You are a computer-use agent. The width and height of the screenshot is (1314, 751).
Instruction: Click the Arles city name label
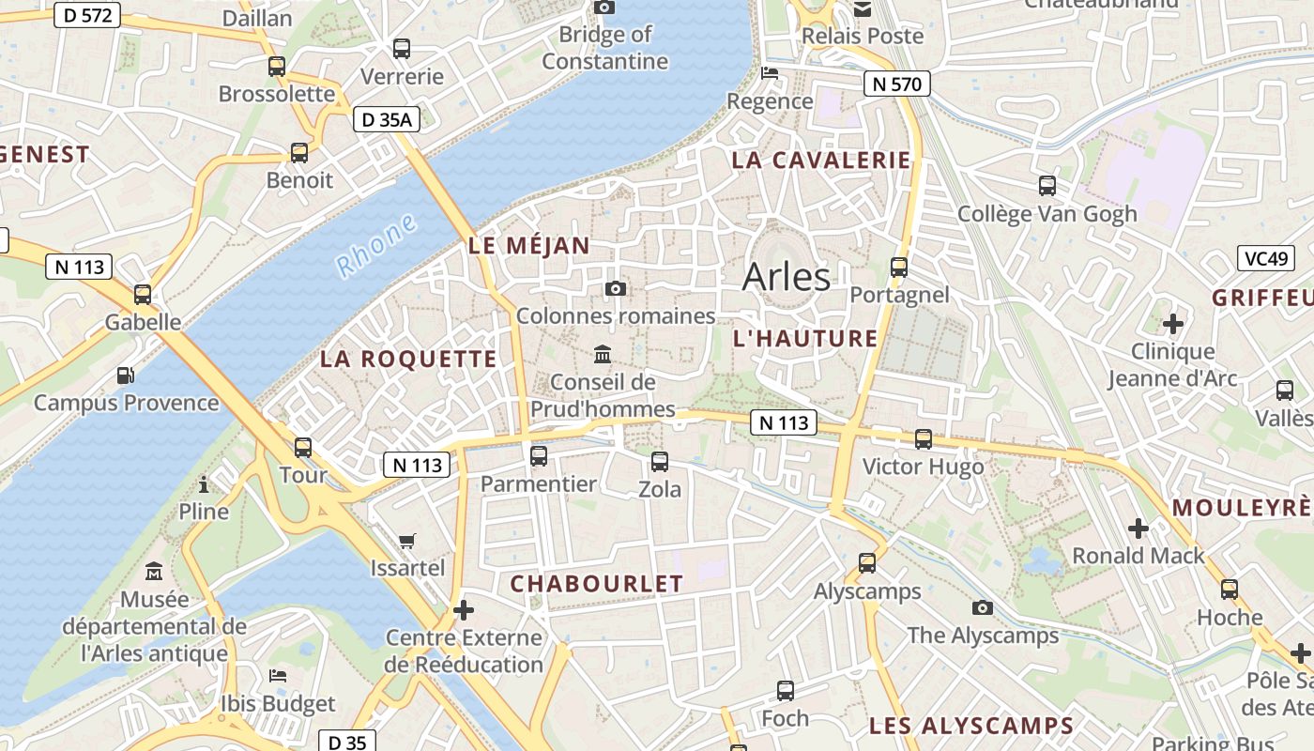[x=786, y=277]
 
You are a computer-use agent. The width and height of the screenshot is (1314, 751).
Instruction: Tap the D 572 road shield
[x=86, y=14]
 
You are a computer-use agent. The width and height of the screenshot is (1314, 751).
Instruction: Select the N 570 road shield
[x=896, y=84]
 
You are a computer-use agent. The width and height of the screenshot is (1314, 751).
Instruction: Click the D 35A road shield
[x=387, y=119]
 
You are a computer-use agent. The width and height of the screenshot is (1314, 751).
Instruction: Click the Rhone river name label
[x=376, y=246]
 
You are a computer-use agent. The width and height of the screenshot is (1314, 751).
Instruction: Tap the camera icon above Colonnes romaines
[x=615, y=288]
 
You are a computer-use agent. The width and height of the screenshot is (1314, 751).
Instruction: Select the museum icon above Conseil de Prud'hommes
[x=603, y=355]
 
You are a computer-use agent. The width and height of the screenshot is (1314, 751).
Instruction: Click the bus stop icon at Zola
[x=660, y=461]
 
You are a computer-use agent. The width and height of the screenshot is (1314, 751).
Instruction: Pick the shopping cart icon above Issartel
[x=407, y=541]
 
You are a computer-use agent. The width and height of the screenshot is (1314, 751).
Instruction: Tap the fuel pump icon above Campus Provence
[x=125, y=375]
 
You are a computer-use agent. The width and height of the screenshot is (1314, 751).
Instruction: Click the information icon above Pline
[x=204, y=484]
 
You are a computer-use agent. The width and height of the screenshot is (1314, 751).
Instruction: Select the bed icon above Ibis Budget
[x=277, y=676]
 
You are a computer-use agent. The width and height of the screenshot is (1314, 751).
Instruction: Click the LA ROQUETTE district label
[x=408, y=359]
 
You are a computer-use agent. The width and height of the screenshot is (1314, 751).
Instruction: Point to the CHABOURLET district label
[x=597, y=583]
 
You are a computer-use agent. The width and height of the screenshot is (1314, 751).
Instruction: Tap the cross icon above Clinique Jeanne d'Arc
[x=1172, y=325]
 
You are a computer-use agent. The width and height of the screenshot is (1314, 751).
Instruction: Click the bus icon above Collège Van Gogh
[x=1047, y=186]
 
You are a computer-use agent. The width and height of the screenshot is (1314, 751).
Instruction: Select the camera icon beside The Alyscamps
[x=983, y=608]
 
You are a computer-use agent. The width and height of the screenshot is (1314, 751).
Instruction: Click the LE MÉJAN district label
[x=529, y=246]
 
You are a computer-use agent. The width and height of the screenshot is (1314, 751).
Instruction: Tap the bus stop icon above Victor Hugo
[x=924, y=438]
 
